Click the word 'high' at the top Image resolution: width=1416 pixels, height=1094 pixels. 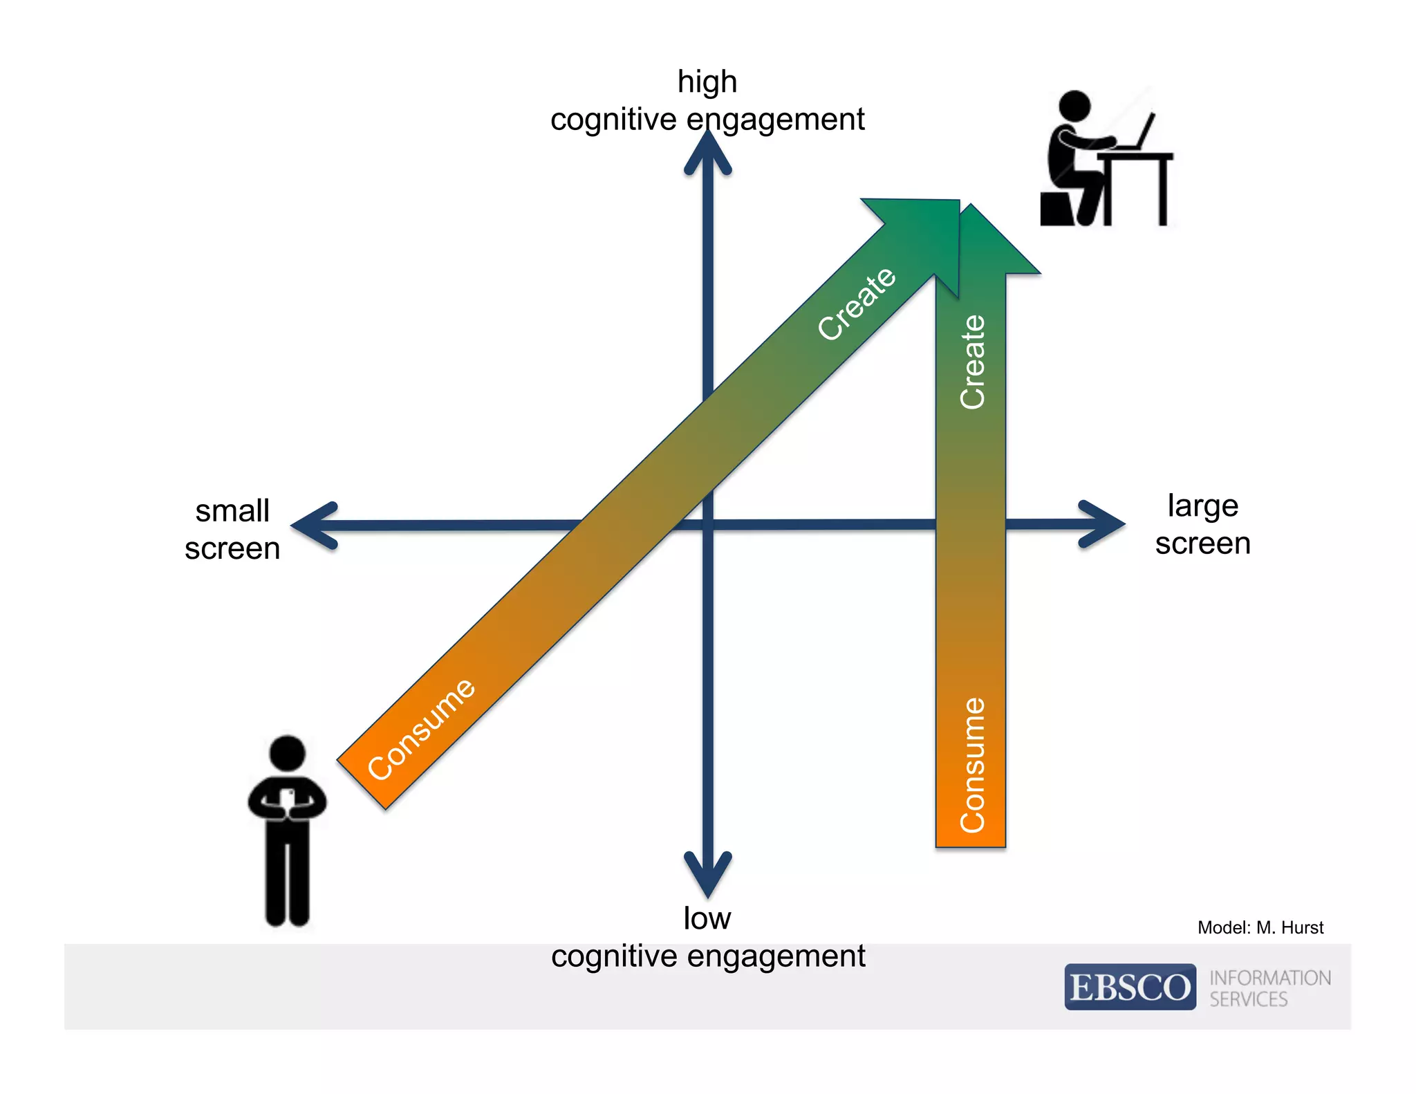[707, 82]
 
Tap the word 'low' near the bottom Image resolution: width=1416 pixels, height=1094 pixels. [707, 918]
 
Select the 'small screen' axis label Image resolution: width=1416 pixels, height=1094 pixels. [232, 530]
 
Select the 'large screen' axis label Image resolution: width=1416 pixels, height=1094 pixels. [1202, 524]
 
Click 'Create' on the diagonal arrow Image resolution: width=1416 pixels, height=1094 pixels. [857, 304]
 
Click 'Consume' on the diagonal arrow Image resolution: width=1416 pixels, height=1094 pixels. [421, 730]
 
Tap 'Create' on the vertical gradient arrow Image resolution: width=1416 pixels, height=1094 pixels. [972, 362]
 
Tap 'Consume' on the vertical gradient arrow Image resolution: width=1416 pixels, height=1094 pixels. [972, 764]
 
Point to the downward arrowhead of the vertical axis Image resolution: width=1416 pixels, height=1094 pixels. [707, 875]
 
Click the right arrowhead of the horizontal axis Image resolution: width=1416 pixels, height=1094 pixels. [1103, 524]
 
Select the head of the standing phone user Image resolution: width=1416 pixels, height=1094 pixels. [287, 753]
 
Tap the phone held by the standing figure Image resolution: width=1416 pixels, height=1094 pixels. [288, 798]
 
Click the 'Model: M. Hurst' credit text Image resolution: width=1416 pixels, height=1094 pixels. [1260, 927]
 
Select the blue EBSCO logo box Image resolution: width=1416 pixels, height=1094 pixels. [1130, 987]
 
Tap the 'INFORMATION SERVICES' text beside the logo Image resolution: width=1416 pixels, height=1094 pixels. [1269, 988]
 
